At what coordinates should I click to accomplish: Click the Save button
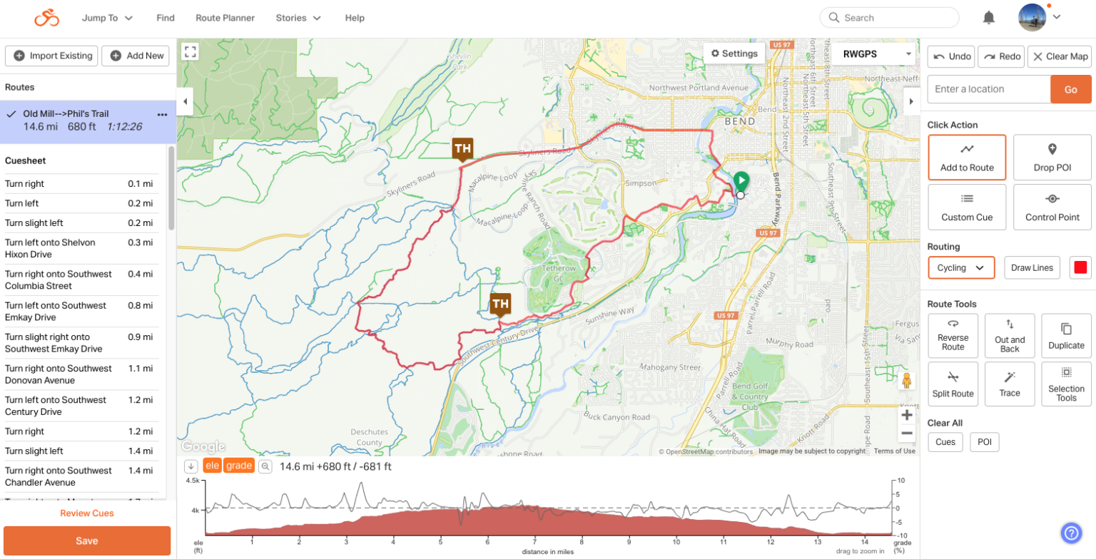[x=87, y=540]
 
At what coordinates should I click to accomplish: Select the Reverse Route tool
[x=953, y=335]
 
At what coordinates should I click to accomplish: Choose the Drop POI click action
[x=1052, y=157]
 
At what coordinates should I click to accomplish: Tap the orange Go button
[x=1070, y=89]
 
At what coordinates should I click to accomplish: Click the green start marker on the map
[x=741, y=180]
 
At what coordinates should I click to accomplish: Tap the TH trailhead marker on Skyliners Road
[x=462, y=149]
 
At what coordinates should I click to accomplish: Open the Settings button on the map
[x=734, y=53]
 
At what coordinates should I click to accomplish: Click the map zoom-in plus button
[x=907, y=415]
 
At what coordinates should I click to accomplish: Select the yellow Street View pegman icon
[x=907, y=381]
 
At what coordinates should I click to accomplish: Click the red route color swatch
[x=1080, y=267]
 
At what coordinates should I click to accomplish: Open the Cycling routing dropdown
[x=960, y=267]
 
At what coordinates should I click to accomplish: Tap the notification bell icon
[x=988, y=18]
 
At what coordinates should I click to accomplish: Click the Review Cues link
[x=87, y=513]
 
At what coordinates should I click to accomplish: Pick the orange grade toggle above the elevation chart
[x=240, y=466]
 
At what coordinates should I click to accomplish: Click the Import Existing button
[x=52, y=56]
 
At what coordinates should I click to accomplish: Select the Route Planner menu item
[x=225, y=18]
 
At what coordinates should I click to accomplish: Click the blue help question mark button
[x=1071, y=533]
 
